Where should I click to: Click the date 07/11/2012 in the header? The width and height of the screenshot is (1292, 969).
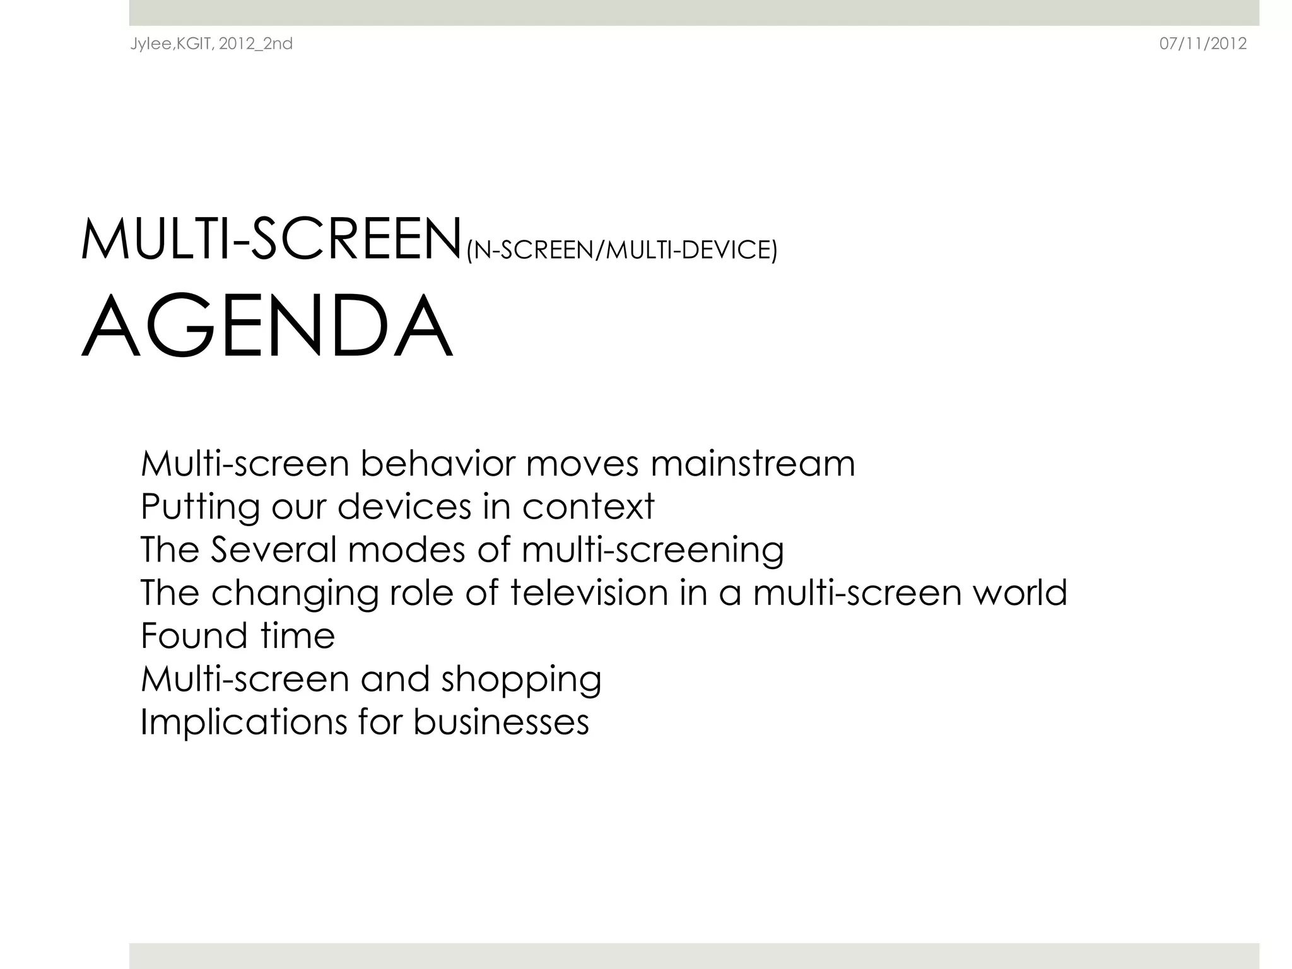tap(1203, 44)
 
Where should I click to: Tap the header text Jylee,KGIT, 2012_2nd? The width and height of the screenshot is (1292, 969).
tap(211, 44)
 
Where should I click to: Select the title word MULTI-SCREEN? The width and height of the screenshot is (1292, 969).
tap(272, 240)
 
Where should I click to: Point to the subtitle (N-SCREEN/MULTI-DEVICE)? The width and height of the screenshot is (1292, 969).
tap(621, 250)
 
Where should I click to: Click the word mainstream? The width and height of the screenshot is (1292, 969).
tap(753, 464)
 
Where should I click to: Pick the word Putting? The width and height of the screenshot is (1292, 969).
tap(200, 507)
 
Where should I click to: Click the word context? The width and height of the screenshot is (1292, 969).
tap(588, 507)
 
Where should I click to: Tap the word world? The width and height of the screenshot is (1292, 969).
tap(1019, 593)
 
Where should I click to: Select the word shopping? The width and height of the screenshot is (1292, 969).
tap(521, 680)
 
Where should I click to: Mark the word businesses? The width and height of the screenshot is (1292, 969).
tap(501, 722)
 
